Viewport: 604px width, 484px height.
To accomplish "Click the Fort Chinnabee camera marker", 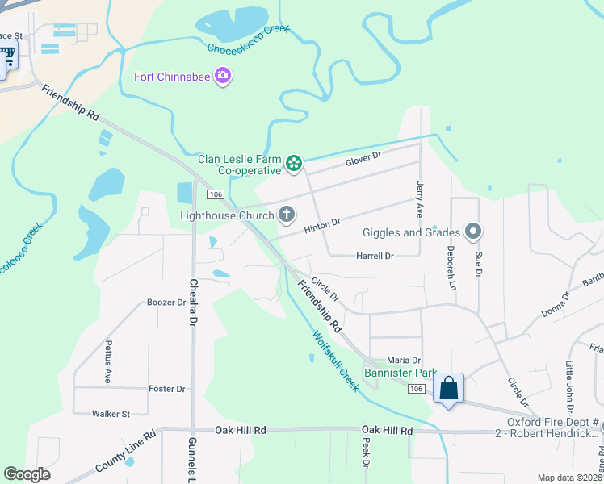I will point(224,77).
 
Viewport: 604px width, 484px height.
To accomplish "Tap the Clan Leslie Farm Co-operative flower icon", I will point(294,165).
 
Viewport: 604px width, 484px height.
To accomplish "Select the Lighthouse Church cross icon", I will point(286,215).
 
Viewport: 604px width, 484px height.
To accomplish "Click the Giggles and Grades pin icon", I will point(473,232).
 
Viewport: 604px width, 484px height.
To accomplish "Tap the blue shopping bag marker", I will point(448,389).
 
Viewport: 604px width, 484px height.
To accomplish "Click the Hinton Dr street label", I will point(323,227).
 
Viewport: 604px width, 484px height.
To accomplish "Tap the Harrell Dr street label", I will point(375,256).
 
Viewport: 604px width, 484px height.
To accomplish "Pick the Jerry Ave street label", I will point(419,198).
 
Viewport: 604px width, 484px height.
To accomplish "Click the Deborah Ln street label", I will point(451,268).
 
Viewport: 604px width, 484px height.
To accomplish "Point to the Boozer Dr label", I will point(166,302).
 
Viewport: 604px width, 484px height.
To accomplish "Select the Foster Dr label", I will point(167,389).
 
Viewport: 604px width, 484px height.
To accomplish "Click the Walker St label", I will point(111,414).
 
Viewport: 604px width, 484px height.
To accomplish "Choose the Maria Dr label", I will point(404,360).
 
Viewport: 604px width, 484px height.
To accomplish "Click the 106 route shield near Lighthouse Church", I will point(214,194).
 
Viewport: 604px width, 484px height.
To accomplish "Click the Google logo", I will point(27,474).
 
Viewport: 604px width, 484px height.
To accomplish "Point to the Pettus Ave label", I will point(108,361).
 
